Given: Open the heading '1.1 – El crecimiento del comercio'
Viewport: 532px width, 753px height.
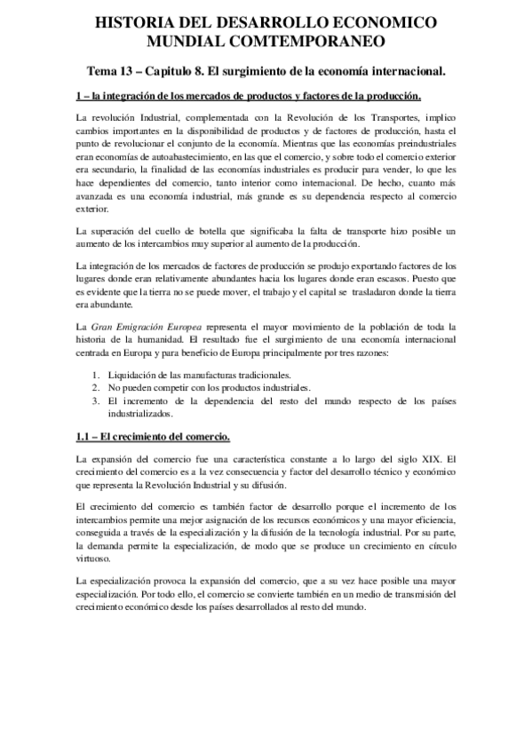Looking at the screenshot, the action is click(x=154, y=436).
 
